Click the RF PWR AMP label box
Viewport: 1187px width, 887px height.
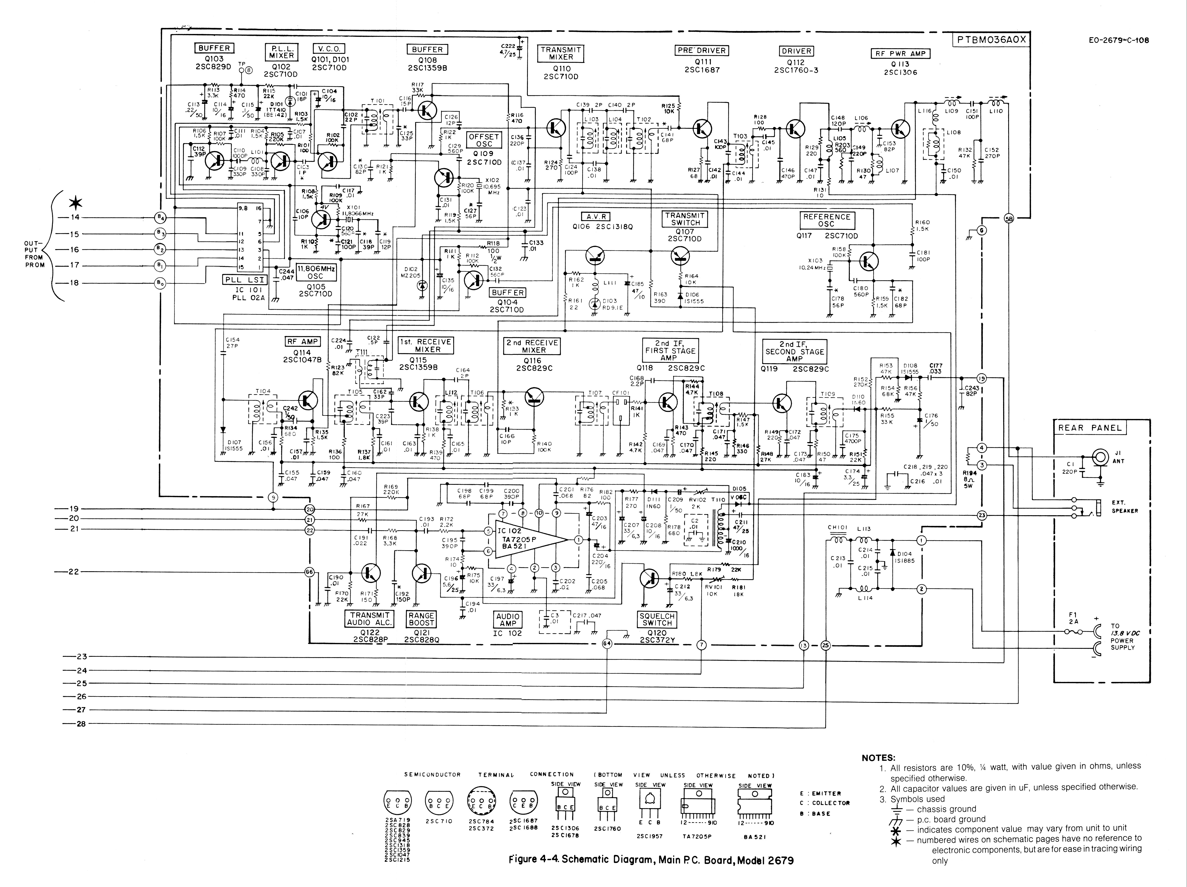[x=900, y=54]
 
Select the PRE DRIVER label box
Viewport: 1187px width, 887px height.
[x=701, y=51]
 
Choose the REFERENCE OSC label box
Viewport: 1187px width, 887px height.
[x=826, y=220]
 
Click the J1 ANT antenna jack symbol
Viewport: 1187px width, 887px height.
[x=1100, y=457]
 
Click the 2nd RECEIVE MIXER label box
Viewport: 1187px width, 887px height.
[x=533, y=346]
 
